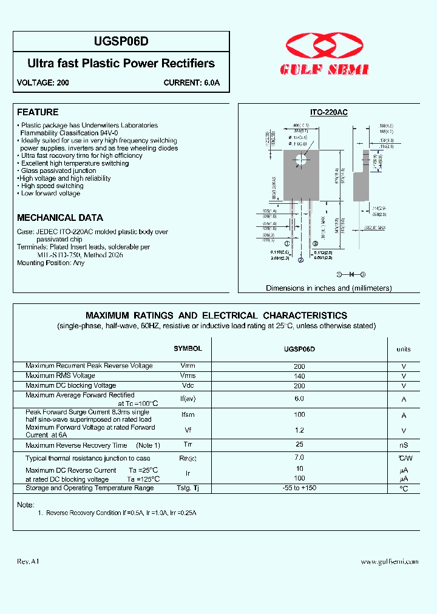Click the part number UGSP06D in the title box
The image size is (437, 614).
(121, 41)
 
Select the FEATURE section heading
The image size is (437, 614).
(38, 112)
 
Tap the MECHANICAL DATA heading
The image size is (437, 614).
(60, 217)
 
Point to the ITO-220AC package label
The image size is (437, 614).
(328, 112)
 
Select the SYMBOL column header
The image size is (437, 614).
(188, 349)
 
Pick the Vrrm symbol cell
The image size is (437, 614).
(188, 366)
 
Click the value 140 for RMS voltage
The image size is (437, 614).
(299, 376)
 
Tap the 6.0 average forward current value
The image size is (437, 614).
(299, 399)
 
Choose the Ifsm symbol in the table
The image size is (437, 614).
(188, 415)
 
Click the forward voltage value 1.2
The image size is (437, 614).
(299, 430)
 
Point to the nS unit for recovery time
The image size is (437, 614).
(404, 446)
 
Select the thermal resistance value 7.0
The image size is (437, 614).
(299, 457)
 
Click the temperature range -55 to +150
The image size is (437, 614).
(299, 488)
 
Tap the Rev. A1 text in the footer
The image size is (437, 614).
(28, 562)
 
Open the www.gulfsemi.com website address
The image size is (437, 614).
(390, 562)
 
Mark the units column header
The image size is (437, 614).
(404, 349)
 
